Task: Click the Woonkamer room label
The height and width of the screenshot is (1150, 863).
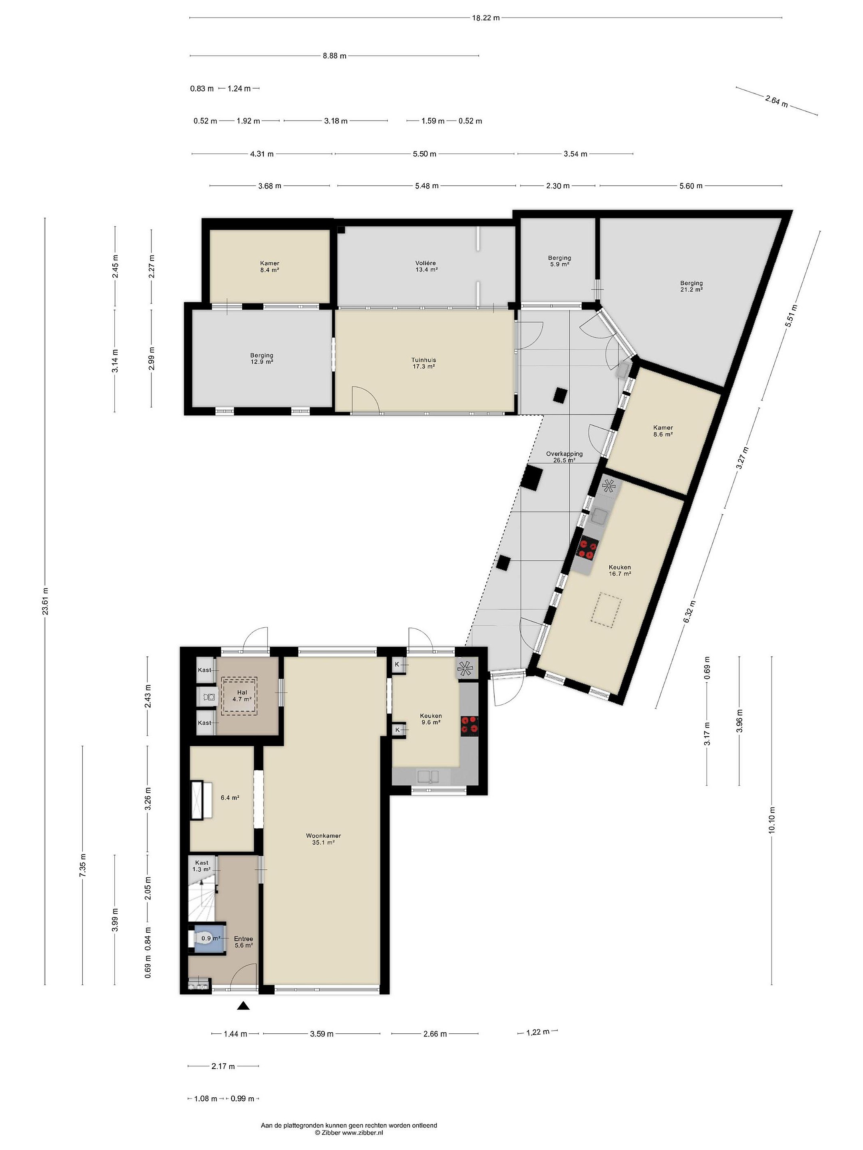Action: click(323, 837)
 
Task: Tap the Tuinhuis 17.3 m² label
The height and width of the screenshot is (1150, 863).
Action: click(424, 363)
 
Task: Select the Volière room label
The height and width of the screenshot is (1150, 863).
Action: click(426, 263)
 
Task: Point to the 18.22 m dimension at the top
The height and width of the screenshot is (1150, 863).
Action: click(485, 18)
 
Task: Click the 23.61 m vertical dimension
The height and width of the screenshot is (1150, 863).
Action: click(45, 601)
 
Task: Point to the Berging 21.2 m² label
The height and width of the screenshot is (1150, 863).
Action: click(691, 286)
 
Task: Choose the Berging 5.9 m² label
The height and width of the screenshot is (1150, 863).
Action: click(559, 261)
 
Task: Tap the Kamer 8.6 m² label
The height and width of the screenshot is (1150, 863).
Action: click(663, 430)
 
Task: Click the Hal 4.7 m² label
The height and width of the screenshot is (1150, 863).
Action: click(242, 696)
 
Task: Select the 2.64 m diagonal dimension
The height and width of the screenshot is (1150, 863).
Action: click(776, 101)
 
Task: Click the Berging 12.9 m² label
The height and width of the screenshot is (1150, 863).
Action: click(262, 359)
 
